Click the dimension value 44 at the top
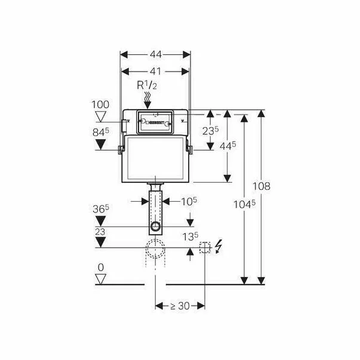(x=155, y=54)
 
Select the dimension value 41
(x=155, y=70)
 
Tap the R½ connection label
(x=148, y=86)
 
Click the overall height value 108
(x=261, y=186)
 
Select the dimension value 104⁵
(x=245, y=203)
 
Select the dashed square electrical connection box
(x=205, y=247)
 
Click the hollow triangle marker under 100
(x=100, y=116)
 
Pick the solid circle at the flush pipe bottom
(x=156, y=227)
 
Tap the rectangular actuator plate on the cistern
(x=155, y=121)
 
